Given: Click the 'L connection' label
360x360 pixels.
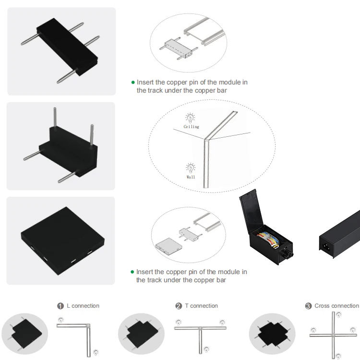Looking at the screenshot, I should click(x=83, y=306).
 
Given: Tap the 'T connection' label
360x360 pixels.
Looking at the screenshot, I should click(x=201, y=306).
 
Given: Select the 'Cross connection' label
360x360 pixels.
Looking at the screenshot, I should click(x=336, y=306).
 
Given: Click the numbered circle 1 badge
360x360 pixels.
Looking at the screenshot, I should click(x=60, y=306).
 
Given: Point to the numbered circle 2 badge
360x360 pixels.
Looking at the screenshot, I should click(x=179, y=306).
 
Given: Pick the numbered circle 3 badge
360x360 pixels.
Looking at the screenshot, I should click(x=308, y=306).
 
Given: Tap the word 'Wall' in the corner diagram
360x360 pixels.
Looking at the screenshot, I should click(x=191, y=177).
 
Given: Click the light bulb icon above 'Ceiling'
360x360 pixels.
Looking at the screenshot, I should click(x=191, y=118).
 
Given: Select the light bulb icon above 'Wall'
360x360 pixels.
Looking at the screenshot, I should click(x=191, y=168).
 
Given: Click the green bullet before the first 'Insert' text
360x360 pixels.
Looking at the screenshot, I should click(x=133, y=83).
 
